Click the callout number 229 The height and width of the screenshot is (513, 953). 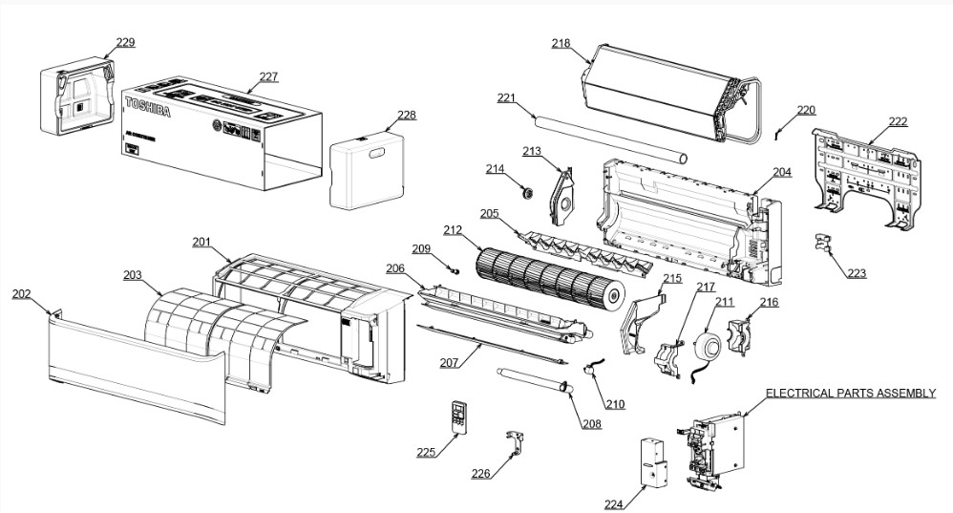click(x=125, y=42)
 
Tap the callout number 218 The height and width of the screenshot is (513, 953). click(x=561, y=43)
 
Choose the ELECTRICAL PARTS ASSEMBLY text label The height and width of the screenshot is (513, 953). click(x=851, y=394)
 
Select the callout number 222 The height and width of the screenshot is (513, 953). click(x=898, y=121)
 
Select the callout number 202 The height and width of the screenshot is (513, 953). click(x=21, y=294)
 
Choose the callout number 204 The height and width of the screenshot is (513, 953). click(x=782, y=172)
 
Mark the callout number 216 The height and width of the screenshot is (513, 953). click(x=769, y=303)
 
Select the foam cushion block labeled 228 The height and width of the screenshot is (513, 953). click(x=367, y=172)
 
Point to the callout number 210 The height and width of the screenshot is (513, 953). click(x=615, y=404)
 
